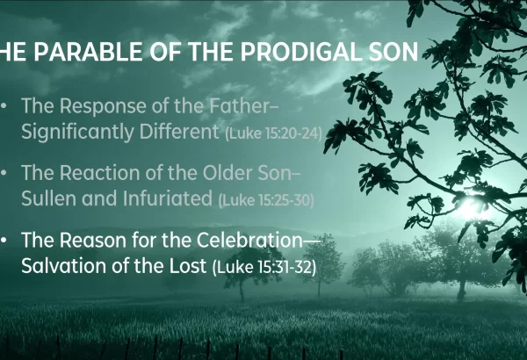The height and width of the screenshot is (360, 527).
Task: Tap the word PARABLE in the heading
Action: coord(88,52)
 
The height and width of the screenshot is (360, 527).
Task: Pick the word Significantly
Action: coord(77,132)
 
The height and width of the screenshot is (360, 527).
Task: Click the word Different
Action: coord(179,131)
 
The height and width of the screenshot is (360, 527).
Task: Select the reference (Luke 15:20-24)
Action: coord(273,133)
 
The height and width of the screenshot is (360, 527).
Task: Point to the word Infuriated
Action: coord(167,198)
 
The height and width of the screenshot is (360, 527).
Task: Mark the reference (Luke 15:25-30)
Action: coord(266,200)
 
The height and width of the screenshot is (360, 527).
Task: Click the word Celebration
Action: coord(249,240)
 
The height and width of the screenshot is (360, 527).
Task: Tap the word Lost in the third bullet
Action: coord(188,265)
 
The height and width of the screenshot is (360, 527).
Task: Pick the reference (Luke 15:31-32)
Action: coord(264,267)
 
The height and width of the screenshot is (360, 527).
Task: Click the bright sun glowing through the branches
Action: coord(469,205)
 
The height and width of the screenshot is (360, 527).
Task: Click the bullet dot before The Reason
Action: coord(4,240)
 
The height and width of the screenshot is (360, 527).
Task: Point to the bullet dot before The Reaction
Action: coord(4,173)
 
